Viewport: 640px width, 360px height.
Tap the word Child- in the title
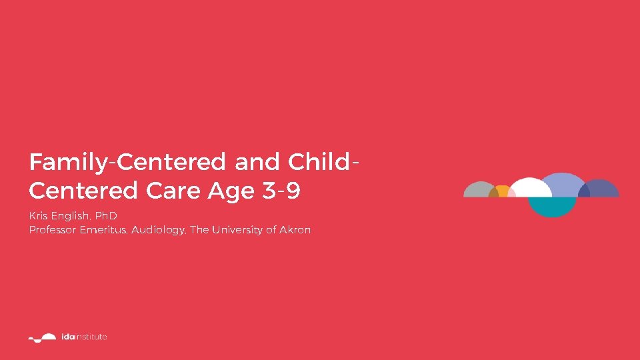tap(326, 162)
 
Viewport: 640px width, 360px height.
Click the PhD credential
tap(105, 217)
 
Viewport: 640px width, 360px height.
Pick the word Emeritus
tap(104, 230)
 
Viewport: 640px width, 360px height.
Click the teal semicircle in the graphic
tap(551, 206)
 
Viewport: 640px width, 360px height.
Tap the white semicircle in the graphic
tap(530, 189)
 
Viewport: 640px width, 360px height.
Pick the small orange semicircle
tap(502, 191)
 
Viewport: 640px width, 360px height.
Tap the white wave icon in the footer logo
tap(43, 337)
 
